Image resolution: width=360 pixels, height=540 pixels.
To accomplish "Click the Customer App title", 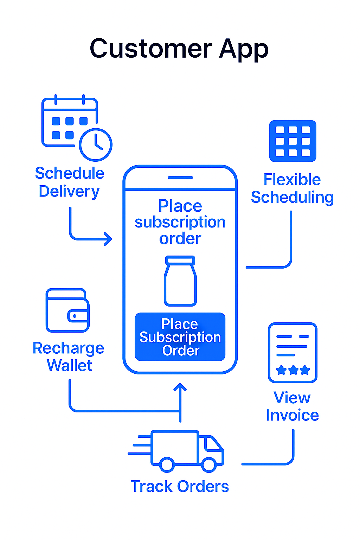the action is coord(179,49).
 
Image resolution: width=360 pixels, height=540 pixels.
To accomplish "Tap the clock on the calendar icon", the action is coord(96,144).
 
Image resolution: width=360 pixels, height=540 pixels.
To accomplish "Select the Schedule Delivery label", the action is coord(70,182).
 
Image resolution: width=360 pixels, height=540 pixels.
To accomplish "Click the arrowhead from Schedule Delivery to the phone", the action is coord(108,239).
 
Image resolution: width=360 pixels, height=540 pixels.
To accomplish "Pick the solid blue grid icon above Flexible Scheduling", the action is coord(293,141).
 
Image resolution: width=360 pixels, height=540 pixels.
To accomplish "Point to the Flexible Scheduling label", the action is coord(292,188).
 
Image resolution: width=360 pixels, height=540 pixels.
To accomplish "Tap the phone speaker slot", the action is coord(180,178).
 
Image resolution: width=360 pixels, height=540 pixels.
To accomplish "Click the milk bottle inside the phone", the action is coord(180,281).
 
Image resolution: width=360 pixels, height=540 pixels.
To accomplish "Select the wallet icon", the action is coord(68,310).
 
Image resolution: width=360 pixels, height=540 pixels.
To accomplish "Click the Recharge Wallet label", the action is coord(69,356).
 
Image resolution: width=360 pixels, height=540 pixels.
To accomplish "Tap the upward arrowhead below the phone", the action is coord(180,386).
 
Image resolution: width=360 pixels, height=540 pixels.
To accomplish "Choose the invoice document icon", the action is coord(292,353).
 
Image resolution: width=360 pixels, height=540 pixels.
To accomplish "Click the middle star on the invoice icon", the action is coord(293,370).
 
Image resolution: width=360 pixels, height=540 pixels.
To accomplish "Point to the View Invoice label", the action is coord(292,406).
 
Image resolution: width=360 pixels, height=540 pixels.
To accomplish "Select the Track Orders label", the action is coord(180,486).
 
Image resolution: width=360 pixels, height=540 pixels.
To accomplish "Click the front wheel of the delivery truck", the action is coord(208,464).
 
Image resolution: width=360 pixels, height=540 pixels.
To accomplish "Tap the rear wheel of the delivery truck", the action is coord(167,464).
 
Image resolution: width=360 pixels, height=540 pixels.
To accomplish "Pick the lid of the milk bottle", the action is coord(180,260).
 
